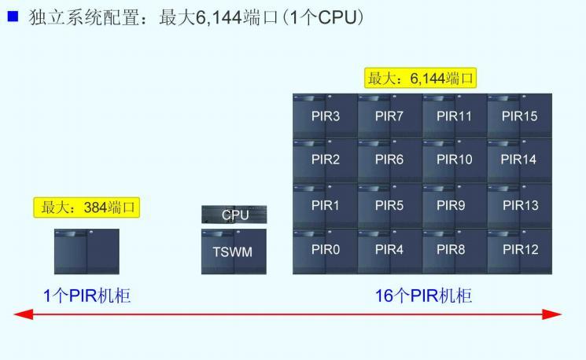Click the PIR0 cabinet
[325, 251]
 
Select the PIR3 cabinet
[325, 116]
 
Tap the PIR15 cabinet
[520, 116]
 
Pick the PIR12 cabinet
[520, 251]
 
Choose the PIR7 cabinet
[389, 116]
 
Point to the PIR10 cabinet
[455, 160]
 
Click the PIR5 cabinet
[389, 206]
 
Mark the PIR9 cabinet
[455, 206]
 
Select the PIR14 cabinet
[520, 160]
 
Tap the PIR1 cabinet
[325, 206]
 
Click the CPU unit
[234, 215]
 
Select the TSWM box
[234, 252]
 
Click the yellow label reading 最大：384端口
[90, 208]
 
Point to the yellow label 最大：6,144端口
[422, 79]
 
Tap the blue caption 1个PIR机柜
[87, 296]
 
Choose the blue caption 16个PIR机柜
[423, 296]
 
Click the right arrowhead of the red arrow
[555, 314]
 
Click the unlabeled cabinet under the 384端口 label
[87, 252]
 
